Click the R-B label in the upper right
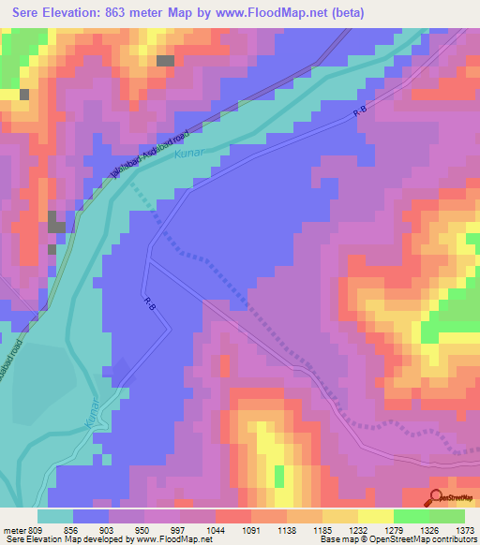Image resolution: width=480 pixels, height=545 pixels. [360, 111]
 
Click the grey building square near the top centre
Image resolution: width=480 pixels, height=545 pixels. [165, 61]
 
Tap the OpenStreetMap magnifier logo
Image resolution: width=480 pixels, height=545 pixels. [437, 497]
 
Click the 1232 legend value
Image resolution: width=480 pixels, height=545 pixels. [356, 529]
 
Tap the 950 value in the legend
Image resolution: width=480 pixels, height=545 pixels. [142, 529]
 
